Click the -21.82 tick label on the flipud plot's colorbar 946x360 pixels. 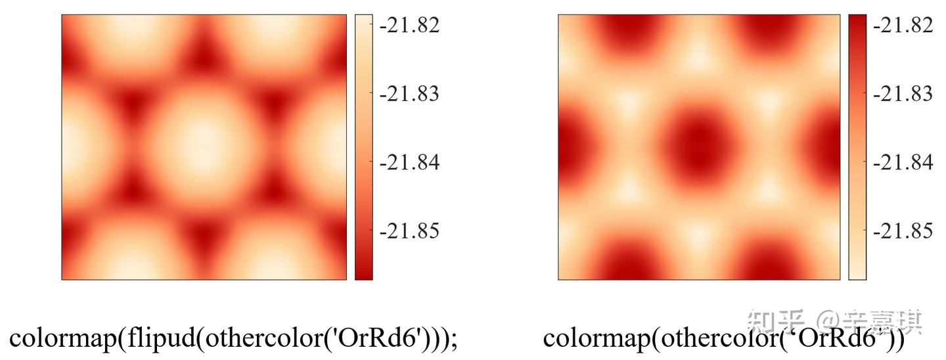coord(410,25)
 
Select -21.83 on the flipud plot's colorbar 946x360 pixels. coord(410,94)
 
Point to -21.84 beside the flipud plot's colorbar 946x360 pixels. coord(410,162)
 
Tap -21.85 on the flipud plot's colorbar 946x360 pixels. coord(410,231)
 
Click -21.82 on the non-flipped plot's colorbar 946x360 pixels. coord(903,25)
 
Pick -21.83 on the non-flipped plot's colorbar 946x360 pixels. coord(903,94)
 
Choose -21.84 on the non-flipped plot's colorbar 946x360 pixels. coord(903,162)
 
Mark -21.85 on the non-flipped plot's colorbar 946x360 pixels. coord(903,231)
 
